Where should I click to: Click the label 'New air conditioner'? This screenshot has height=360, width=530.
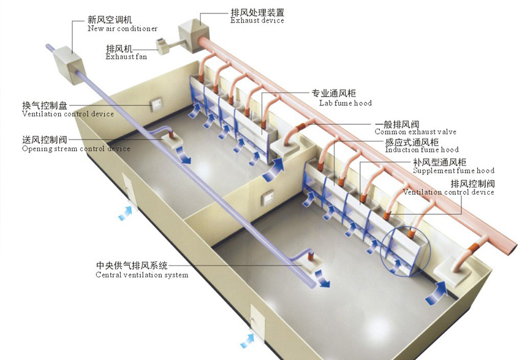123,29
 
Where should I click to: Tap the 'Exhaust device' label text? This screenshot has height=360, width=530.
257,20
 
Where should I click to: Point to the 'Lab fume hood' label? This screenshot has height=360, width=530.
345,103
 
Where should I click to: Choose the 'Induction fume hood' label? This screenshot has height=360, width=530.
422,150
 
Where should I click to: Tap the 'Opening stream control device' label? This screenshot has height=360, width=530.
76,149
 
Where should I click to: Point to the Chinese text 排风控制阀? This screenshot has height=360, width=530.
472,184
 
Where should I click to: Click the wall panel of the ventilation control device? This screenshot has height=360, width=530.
158,105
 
